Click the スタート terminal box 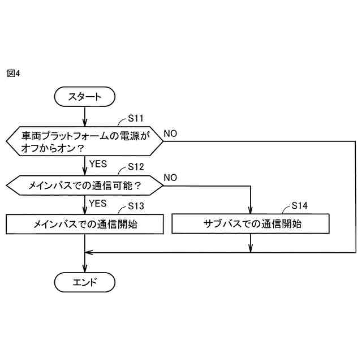click(85, 97)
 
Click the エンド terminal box click(85, 282)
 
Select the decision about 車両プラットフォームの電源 click(85, 141)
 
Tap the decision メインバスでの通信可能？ click(85, 184)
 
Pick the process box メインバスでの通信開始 click(85, 223)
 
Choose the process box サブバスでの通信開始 click(251, 223)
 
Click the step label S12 click(136, 167)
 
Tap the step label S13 click(136, 206)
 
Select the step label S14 click(300, 205)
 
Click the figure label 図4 click(14, 74)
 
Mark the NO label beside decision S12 click(170, 178)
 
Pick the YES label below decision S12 click(98, 202)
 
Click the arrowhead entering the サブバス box click(251, 210)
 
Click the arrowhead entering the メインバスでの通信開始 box click(85, 210)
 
